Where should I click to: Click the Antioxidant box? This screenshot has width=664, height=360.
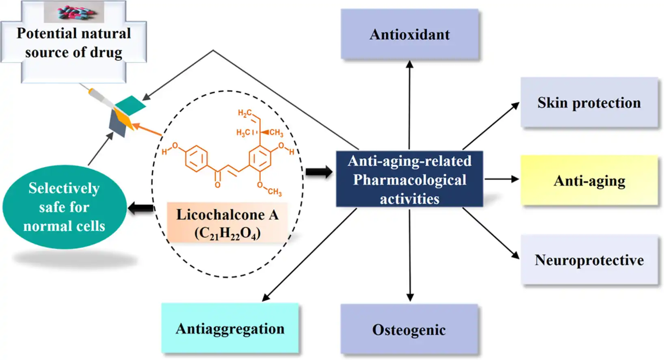point(409,35)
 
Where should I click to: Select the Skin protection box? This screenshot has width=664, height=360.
point(589,103)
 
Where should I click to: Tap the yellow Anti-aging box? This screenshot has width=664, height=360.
point(589,180)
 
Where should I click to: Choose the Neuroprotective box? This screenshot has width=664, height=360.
point(589,260)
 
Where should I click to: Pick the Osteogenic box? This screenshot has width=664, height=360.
point(409,330)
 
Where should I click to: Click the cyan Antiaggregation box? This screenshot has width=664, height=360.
point(230,328)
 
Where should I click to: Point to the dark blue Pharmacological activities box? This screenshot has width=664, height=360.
point(409,179)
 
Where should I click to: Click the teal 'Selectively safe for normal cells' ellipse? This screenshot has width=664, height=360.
point(64,207)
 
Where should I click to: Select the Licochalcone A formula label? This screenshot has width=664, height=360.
point(227,223)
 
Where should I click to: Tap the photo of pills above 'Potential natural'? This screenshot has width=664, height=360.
point(74,12)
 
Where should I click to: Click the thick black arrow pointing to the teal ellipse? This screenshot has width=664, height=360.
point(141,208)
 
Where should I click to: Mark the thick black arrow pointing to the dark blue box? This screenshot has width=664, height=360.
point(319,172)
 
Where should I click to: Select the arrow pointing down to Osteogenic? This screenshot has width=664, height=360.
point(410,256)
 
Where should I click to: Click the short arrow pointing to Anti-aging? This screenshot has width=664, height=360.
point(502,179)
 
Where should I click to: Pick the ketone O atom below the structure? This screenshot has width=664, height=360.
point(218,185)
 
